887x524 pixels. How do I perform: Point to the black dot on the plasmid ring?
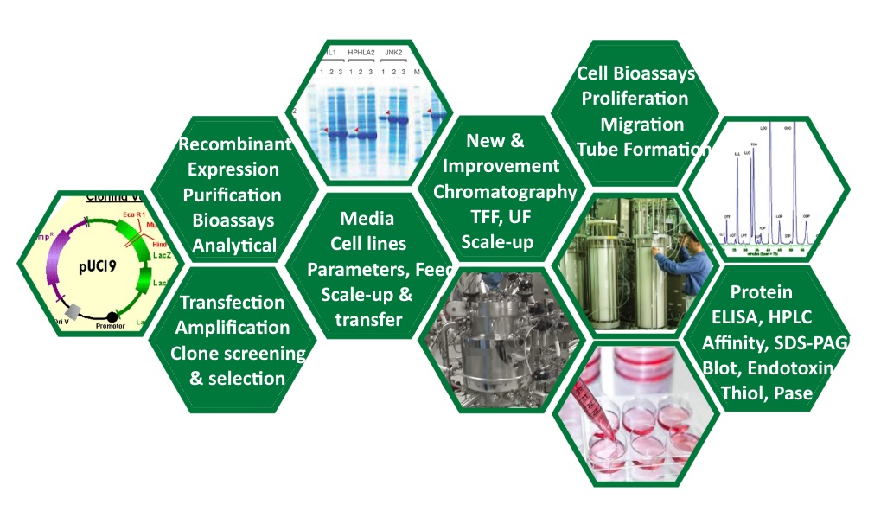[111, 316]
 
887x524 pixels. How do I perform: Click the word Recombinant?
[234, 144]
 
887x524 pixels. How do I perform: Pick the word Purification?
[232, 195]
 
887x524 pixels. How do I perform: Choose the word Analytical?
[234, 245]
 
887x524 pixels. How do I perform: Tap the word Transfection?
[232, 303]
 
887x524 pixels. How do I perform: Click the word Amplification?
[232, 328]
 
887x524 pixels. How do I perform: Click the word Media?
[367, 218]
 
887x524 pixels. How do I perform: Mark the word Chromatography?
[504, 191]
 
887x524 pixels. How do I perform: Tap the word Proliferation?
[635, 99]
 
